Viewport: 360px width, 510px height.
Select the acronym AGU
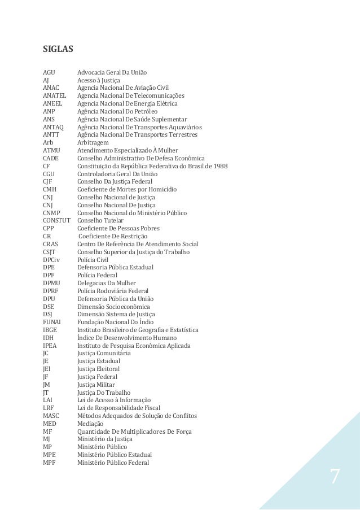click(50, 72)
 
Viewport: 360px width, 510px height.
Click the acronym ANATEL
click(55, 96)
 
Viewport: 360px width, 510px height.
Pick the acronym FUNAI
click(52, 322)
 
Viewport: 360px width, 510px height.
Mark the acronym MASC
click(51, 416)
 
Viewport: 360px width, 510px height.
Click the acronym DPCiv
click(52, 259)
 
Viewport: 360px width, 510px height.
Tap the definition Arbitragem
click(93, 143)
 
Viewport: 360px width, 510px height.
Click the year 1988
click(217, 166)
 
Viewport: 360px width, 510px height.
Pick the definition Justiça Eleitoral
click(98, 369)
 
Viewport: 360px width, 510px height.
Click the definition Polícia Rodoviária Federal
click(113, 291)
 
